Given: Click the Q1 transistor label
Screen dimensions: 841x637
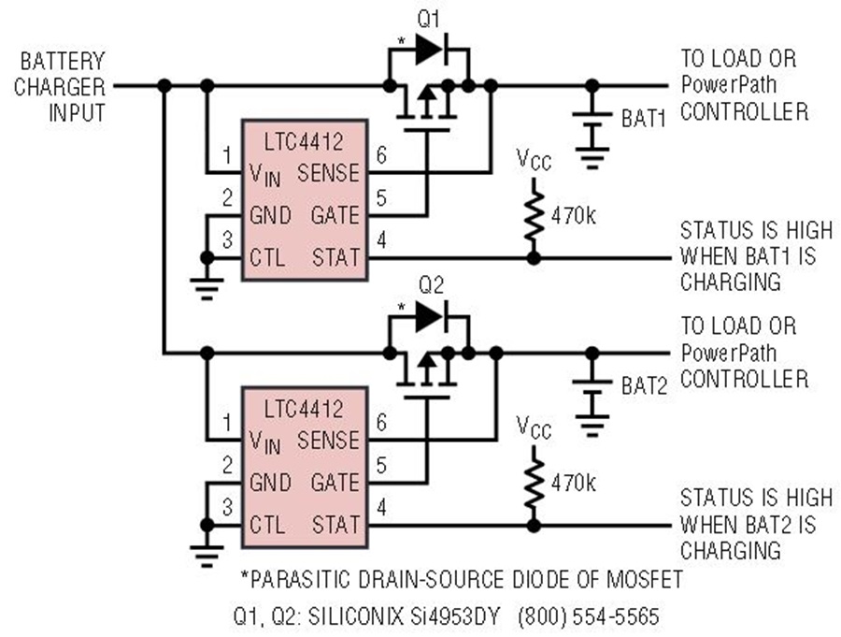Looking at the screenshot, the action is tap(429, 20).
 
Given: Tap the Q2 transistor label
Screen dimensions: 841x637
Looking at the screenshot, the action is tap(431, 285).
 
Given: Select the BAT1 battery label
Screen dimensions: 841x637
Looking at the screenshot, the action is tap(644, 119).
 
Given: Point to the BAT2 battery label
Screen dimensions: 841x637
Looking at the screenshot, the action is tap(644, 385).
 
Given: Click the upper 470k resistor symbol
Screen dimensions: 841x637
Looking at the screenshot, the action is tap(534, 215).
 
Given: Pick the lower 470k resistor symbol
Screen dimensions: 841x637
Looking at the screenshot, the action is tap(534, 483).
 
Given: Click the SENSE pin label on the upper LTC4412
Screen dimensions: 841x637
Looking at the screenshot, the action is tap(328, 173).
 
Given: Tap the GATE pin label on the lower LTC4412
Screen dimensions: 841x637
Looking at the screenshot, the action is tap(335, 483).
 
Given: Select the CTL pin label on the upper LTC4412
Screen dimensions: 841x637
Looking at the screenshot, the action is tap(267, 258).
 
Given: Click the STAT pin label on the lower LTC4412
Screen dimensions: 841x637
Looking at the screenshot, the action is tap(335, 524).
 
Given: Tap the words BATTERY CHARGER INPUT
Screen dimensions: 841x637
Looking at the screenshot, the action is tap(60, 87).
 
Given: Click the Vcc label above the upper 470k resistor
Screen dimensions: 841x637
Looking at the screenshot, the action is tap(534, 160).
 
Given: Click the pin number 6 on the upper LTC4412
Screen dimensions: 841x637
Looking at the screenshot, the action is tap(381, 155).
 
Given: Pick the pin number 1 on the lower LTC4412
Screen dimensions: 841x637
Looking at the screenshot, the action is tap(227, 423).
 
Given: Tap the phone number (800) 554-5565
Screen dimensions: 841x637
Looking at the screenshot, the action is tap(589, 616).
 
